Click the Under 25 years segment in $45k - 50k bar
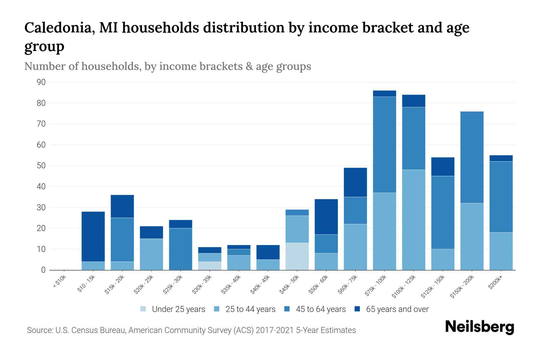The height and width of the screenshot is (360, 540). (x=297, y=256)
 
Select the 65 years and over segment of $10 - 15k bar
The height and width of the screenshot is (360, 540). (x=93, y=236)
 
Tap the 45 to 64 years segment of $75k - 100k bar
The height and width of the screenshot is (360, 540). (x=384, y=145)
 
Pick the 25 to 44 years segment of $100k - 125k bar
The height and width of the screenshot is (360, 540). (x=413, y=220)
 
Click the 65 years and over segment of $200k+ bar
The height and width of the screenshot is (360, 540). (x=501, y=158)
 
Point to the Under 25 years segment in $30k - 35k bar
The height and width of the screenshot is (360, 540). (x=209, y=266)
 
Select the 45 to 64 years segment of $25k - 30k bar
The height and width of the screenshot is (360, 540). (x=181, y=249)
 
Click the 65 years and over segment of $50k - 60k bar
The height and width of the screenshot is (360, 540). (x=326, y=217)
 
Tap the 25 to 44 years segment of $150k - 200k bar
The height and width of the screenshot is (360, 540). (x=472, y=236)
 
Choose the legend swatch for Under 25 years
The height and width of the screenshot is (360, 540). (x=143, y=309)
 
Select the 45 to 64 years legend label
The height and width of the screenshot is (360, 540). (x=320, y=309)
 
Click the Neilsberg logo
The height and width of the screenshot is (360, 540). (x=479, y=327)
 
